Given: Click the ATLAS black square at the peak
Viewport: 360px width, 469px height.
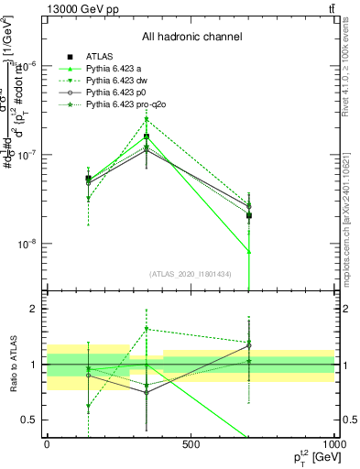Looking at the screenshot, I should [147, 136].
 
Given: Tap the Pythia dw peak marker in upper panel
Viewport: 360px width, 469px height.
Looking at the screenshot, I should [147, 119].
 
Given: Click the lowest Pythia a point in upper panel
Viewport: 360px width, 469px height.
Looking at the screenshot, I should [249, 251].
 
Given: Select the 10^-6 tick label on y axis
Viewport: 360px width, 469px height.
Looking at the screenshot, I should [28, 65].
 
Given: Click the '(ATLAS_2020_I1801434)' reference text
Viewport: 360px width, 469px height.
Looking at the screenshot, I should [191, 274].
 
